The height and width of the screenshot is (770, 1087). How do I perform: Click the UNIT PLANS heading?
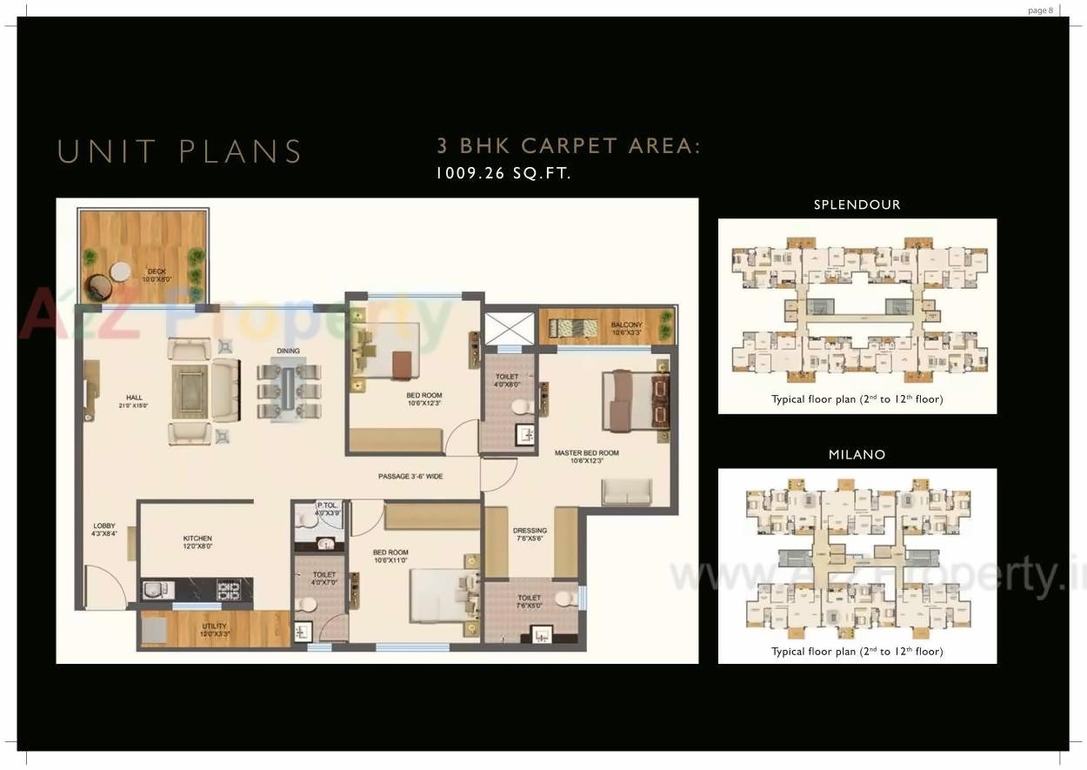click(179, 151)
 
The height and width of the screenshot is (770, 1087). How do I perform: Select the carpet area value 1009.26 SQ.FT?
click(503, 173)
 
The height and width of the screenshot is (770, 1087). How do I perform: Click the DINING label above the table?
click(288, 352)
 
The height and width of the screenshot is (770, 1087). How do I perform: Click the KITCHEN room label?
click(197, 542)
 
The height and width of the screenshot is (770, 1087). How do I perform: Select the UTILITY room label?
click(214, 629)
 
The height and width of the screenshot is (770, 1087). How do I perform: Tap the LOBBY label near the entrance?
click(104, 529)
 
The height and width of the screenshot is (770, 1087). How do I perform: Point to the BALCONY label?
click(626, 328)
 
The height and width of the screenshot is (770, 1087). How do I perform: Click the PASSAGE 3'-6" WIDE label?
click(410, 477)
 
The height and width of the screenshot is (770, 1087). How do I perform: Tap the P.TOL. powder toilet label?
click(328, 508)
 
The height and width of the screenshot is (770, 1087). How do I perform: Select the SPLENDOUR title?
click(857, 205)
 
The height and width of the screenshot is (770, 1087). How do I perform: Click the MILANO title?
click(857, 455)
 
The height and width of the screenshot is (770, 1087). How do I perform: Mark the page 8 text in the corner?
click(1040, 10)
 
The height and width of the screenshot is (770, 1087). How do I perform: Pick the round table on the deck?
click(120, 271)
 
